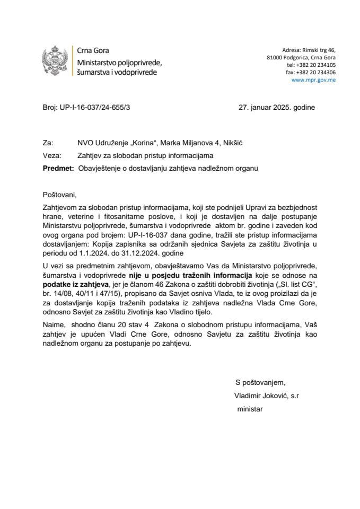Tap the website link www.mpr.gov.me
[x=313, y=80]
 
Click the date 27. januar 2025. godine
[x=276, y=107]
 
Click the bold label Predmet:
[x=57, y=168]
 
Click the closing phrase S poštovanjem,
[x=259, y=383]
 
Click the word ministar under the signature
[x=250, y=409]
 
